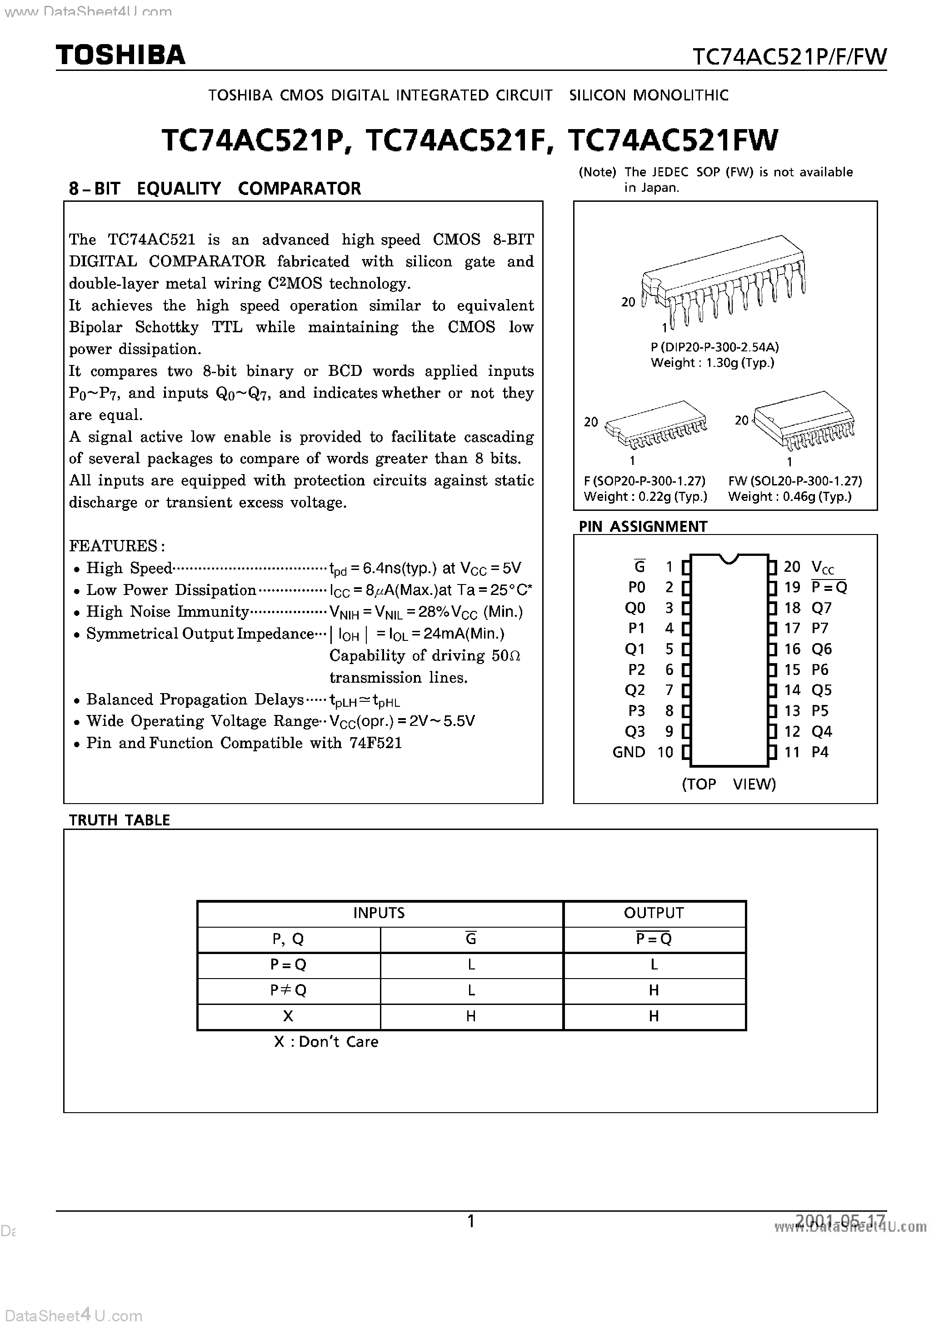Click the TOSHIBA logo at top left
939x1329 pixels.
(x=120, y=55)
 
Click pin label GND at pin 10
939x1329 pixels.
(x=628, y=752)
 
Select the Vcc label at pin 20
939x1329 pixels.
(x=823, y=567)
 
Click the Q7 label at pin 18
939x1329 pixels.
(x=821, y=608)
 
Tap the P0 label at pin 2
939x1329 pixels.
(x=636, y=588)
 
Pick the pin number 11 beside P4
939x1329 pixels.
(x=791, y=752)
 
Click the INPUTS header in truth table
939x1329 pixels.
(x=379, y=913)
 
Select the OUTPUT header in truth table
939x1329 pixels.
(x=654, y=913)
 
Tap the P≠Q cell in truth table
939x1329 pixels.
(x=288, y=990)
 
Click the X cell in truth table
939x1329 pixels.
(x=288, y=1016)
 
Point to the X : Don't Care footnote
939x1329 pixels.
(x=326, y=1042)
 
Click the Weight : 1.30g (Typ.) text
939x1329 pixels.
(x=712, y=363)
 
